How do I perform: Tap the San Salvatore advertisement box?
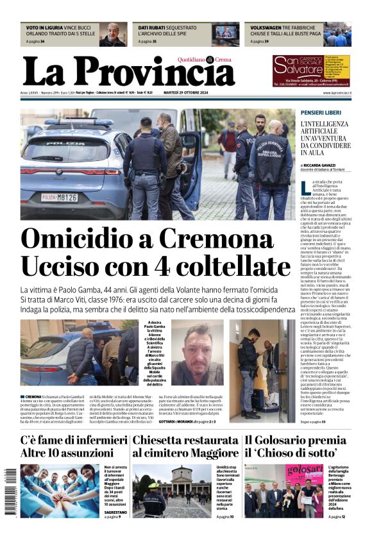311,70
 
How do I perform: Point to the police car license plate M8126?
59,197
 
